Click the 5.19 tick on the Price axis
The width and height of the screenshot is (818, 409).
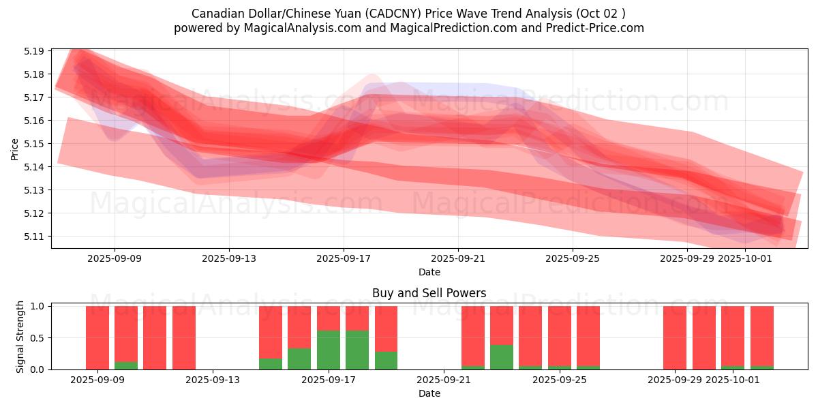[35, 51]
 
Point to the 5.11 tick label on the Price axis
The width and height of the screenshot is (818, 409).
[35, 237]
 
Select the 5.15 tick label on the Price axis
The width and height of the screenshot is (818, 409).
[35, 144]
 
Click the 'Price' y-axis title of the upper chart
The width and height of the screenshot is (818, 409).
[15, 149]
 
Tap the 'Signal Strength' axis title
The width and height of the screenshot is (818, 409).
[20, 337]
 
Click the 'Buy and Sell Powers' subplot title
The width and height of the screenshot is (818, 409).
[429, 294]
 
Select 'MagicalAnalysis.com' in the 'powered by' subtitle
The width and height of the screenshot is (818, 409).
[297, 28]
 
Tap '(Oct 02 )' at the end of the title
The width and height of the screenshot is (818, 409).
[601, 14]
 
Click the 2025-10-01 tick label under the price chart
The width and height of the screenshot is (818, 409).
[746, 259]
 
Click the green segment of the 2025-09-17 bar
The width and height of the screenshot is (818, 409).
[329, 350]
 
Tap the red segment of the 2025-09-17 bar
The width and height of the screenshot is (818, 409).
[329, 318]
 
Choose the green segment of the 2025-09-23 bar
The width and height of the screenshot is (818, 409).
[502, 357]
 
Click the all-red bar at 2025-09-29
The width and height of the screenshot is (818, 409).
[675, 337]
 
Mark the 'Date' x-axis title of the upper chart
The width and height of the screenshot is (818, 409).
[429, 272]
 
